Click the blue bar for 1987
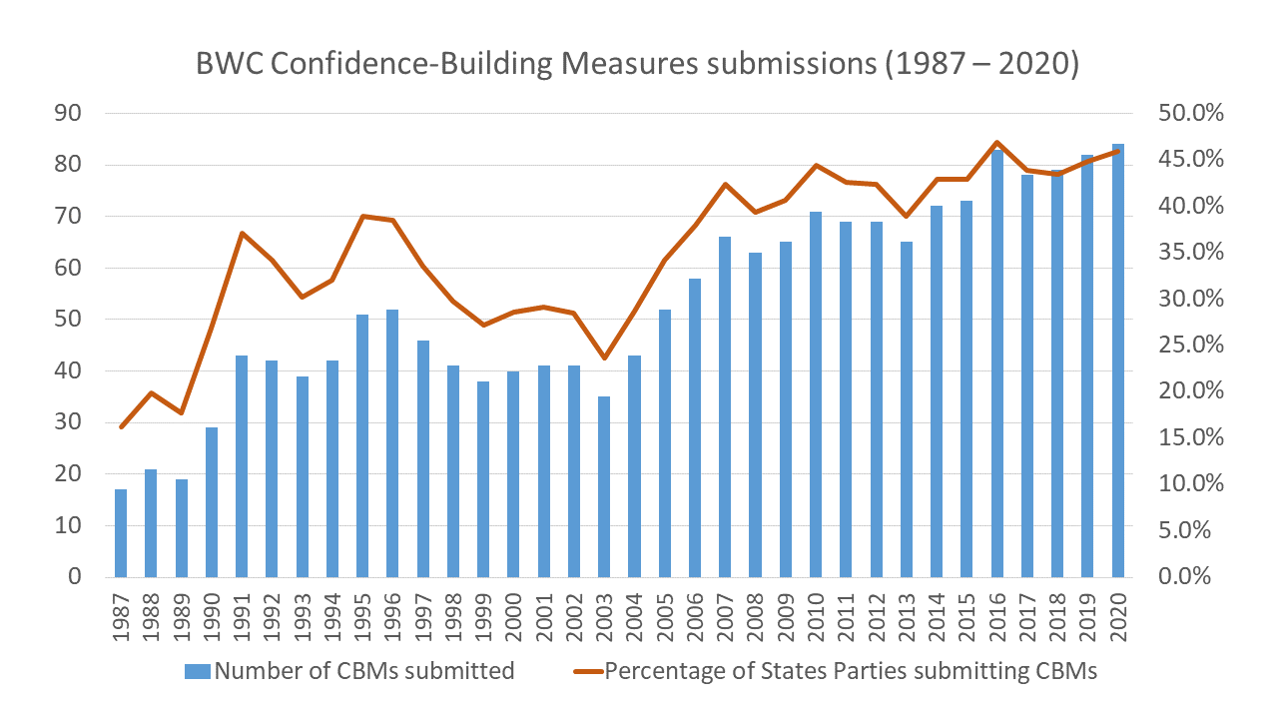pyautogui.click(x=121, y=533)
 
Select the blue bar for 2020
pyautogui.click(x=1118, y=360)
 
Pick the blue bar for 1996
pyautogui.click(x=392, y=443)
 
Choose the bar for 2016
pyautogui.click(x=997, y=363)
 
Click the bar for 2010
pyautogui.click(x=816, y=394)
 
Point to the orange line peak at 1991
pyautogui.click(x=242, y=233)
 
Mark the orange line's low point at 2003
pyautogui.click(x=603, y=359)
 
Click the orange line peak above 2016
pyautogui.click(x=997, y=143)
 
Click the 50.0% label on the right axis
pyautogui.click(x=1193, y=113)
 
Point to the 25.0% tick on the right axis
pyautogui.click(x=1193, y=345)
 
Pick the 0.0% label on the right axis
pyautogui.click(x=1197, y=576)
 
